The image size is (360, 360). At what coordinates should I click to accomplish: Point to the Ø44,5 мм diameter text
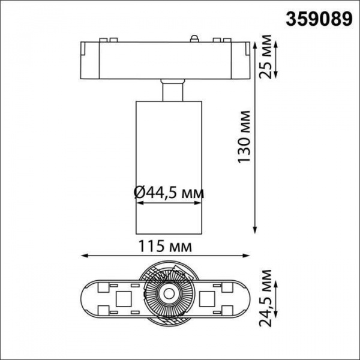pyautogui.click(x=168, y=193)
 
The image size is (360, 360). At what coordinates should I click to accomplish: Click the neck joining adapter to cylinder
pyautogui.click(x=172, y=91)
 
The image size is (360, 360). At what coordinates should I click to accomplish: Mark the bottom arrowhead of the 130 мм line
pyautogui.click(x=256, y=229)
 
